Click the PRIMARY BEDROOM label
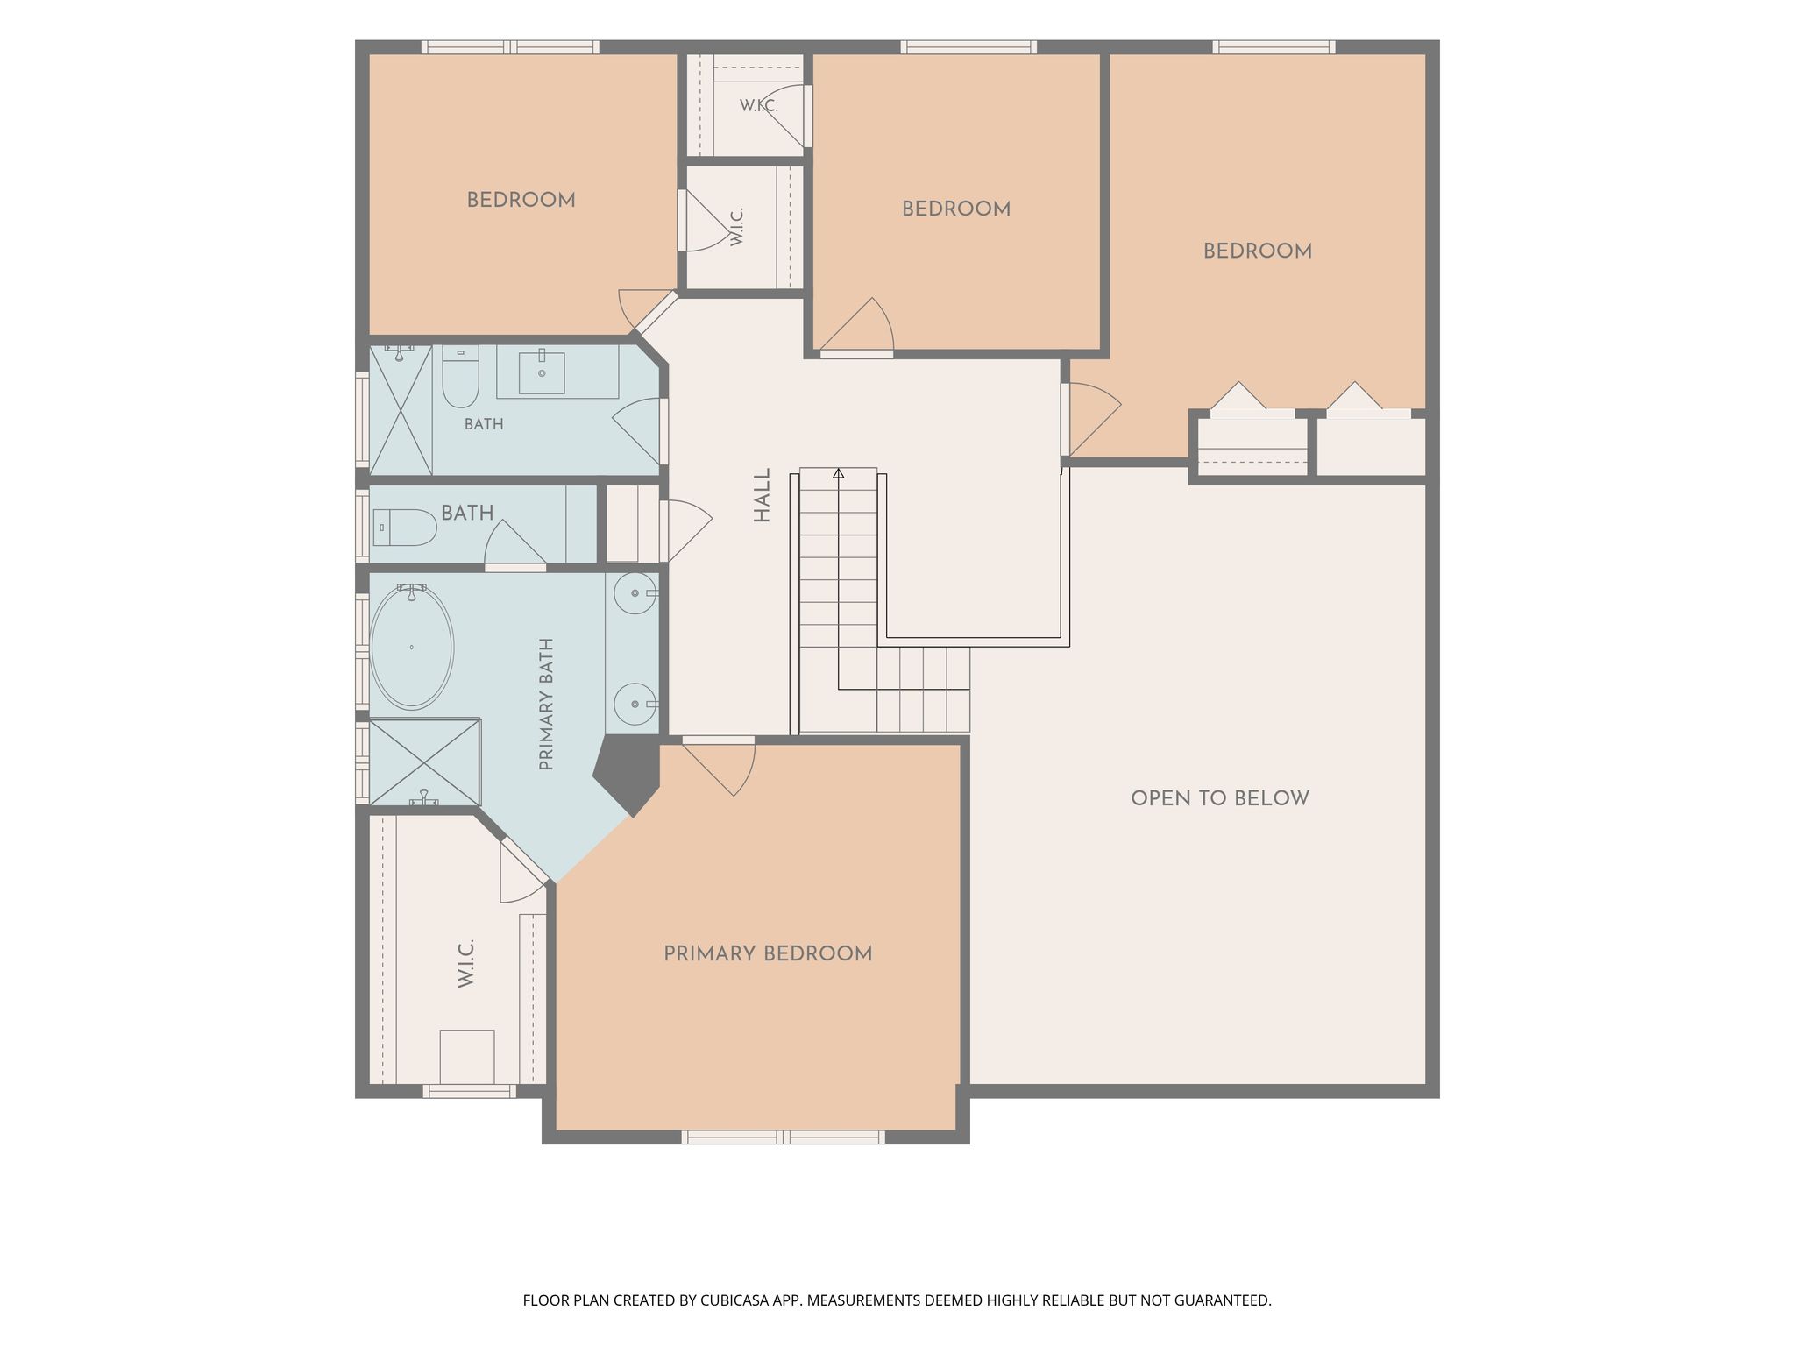(768, 953)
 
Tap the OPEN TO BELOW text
(1220, 798)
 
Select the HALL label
(763, 495)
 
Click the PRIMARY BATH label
(547, 705)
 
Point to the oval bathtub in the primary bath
(412, 647)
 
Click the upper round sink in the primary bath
(635, 594)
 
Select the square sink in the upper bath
(542, 372)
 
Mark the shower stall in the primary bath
(425, 762)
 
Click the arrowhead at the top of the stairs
(839, 473)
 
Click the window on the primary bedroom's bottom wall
(784, 1137)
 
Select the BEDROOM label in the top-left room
(521, 200)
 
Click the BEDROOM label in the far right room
(1258, 251)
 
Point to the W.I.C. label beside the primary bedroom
(465, 964)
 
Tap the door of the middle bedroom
(857, 326)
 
